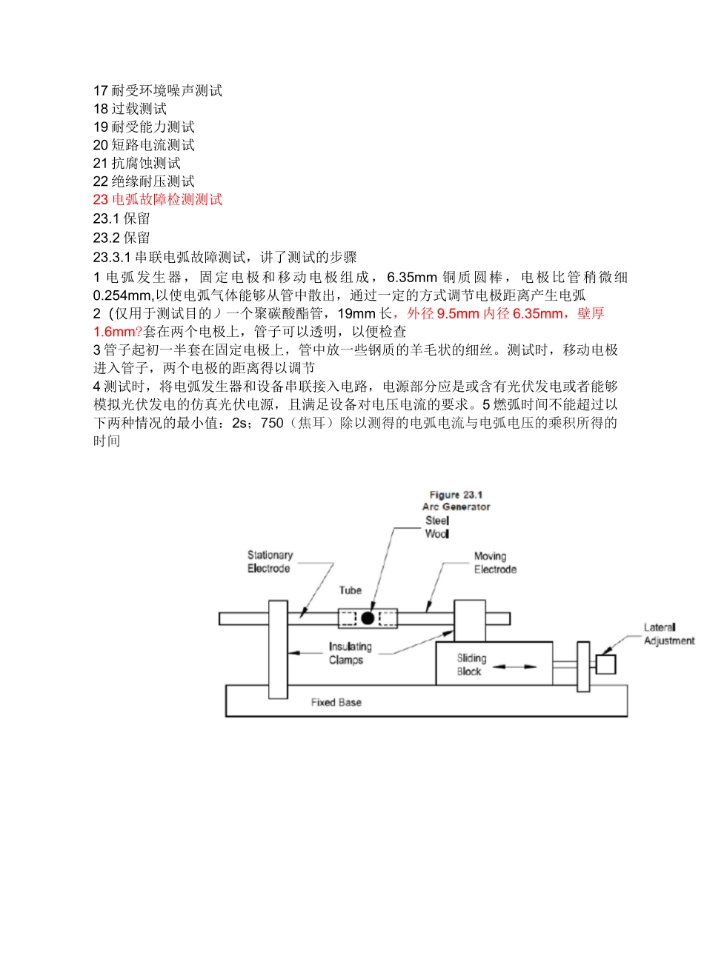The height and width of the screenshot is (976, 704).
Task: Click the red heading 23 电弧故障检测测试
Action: [158, 199]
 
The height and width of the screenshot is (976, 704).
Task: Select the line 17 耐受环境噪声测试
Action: [158, 90]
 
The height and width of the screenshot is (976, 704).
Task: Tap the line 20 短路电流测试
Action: [144, 145]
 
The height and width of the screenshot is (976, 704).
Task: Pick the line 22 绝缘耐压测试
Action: [144, 181]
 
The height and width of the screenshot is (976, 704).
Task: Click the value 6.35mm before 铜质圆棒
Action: [412, 278]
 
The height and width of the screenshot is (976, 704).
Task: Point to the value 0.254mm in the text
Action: [122, 295]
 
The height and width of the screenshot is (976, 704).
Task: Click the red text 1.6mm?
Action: [117, 332]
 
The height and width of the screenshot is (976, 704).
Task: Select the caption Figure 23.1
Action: [456, 495]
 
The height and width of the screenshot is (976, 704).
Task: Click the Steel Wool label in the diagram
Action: [437, 527]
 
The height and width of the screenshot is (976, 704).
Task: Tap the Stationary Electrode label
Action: [269, 561]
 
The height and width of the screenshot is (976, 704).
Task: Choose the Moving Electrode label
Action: [495, 563]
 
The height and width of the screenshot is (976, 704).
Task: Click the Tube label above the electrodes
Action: [351, 590]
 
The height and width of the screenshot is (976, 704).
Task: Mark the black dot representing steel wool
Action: [368, 618]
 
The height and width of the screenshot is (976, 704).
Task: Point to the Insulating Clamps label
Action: [350, 653]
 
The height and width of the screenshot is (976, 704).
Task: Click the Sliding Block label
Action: [471, 664]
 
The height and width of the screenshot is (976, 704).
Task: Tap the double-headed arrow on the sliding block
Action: [514, 666]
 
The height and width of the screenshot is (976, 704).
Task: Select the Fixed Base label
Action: [336, 702]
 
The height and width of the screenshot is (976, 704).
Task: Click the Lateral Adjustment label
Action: [668, 634]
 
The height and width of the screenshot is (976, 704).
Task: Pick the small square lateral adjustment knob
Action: [606, 664]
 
